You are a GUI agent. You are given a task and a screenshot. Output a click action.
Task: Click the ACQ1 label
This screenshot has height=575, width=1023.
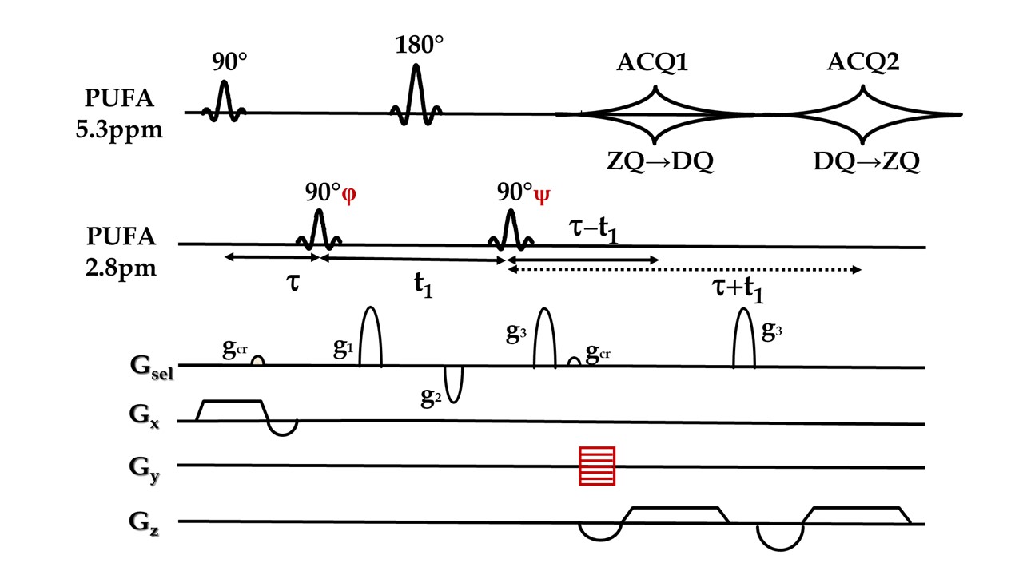654,62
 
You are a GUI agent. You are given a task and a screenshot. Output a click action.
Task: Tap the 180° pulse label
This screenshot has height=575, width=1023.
419,45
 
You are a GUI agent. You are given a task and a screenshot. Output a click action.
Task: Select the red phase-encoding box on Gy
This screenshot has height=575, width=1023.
597,466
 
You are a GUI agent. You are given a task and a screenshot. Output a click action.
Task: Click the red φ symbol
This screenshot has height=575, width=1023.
348,195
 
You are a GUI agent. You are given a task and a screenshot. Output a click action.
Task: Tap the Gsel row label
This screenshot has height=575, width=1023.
149,369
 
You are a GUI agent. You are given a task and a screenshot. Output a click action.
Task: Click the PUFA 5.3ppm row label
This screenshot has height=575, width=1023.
123,114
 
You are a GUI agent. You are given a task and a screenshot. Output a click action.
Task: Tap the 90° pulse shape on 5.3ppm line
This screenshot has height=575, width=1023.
224,100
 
